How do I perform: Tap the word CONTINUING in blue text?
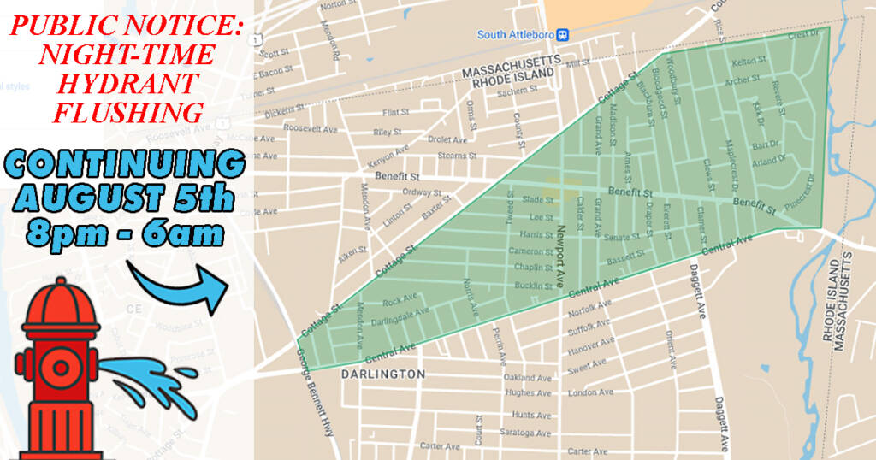click(x=122, y=164)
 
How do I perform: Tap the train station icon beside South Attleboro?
click(x=564, y=34)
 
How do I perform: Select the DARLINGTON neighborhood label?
click(x=382, y=374)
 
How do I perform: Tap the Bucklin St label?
click(x=532, y=285)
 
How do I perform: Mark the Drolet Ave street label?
click(x=447, y=139)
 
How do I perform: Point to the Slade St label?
click(x=538, y=200)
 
